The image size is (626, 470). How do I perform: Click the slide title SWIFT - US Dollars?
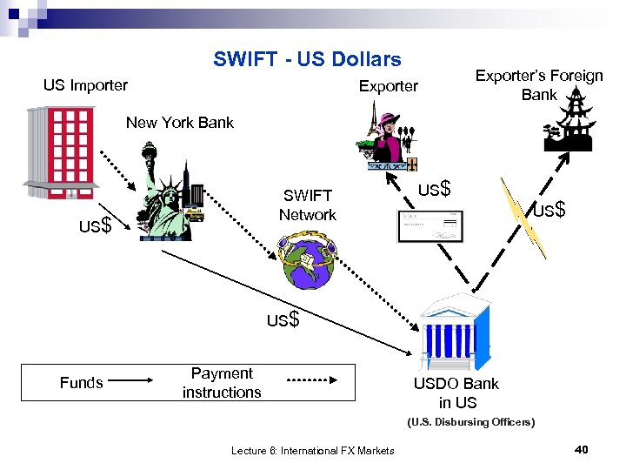(x=307, y=59)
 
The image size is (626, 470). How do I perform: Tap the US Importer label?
(x=85, y=85)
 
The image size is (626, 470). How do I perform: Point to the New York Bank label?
(x=179, y=123)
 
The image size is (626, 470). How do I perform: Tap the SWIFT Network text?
(x=307, y=205)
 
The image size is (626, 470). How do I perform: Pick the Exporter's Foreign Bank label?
(x=539, y=85)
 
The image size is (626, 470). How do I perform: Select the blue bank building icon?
(x=453, y=332)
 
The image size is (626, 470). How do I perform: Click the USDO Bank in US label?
(x=457, y=393)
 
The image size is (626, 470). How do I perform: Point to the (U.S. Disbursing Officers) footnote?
(x=471, y=422)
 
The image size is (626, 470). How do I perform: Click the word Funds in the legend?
(x=81, y=382)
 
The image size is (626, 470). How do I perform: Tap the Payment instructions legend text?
(x=222, y=383)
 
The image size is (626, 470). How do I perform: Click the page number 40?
(x=582, y=449)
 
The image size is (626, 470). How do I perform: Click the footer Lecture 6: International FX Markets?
(x=313, y=450)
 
